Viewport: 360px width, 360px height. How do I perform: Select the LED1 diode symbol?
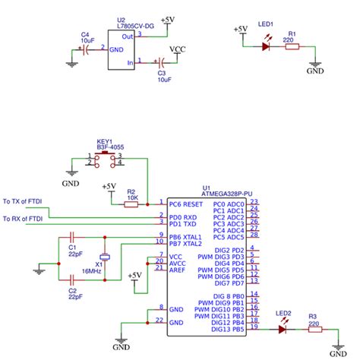pos(265,46)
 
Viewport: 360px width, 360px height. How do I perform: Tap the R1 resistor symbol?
pos(292,46)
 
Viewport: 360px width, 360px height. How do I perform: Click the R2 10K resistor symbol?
pos(131,204)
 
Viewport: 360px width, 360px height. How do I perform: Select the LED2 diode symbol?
pos(285,330)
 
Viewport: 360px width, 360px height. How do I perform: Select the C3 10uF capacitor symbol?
pos(161,63)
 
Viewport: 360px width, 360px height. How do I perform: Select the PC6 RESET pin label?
pos(186,204)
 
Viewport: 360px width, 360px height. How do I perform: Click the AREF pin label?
pos(177,269)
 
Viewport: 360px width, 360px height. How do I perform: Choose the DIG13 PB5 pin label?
pos(229,329)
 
